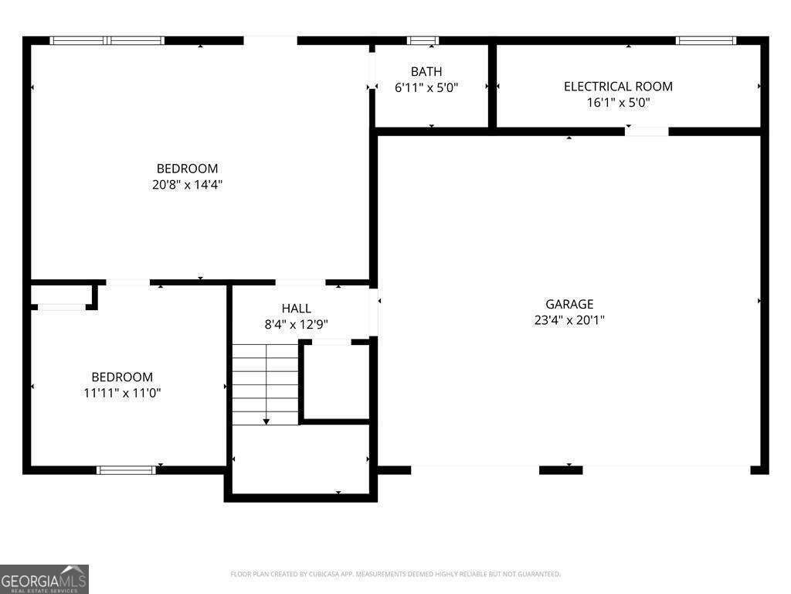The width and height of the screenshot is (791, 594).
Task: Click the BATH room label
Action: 426,72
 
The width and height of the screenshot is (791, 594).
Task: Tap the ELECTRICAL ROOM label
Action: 618,87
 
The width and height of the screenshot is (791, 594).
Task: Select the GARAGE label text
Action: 569,304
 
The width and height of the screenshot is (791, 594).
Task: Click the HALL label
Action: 297,309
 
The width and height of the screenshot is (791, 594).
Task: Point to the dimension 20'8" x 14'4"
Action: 188,185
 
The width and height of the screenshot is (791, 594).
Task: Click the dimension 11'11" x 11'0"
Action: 122,393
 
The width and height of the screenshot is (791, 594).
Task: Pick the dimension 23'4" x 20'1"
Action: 569,319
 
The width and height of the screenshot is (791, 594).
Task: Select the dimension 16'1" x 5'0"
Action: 618,102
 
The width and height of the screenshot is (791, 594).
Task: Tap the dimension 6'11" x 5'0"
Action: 426,87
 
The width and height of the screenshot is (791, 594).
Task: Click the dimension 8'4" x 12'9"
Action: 297,324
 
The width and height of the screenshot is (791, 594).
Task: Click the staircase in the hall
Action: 266,384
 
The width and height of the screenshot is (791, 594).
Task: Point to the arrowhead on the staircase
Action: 266,422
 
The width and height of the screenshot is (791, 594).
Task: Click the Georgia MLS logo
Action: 44,579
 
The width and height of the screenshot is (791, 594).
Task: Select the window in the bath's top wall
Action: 423,40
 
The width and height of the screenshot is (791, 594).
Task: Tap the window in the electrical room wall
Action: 706,40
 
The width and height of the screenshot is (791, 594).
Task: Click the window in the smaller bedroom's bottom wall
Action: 126,469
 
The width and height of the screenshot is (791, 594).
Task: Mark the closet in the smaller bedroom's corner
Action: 62,296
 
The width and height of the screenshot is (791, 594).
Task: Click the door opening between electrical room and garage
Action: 647,131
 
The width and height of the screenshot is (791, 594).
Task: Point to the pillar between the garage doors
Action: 561,469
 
